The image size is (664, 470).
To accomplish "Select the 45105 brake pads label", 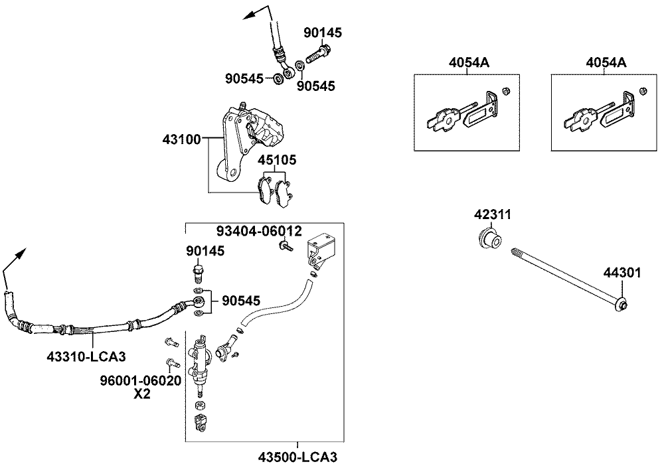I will click(278, 161).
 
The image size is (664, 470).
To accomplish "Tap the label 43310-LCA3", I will click(87, 356).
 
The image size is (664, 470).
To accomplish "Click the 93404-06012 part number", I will click(259, 231).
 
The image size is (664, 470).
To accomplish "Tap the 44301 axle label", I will click(622, 272).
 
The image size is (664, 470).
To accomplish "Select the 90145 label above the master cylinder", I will click(205, 251).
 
